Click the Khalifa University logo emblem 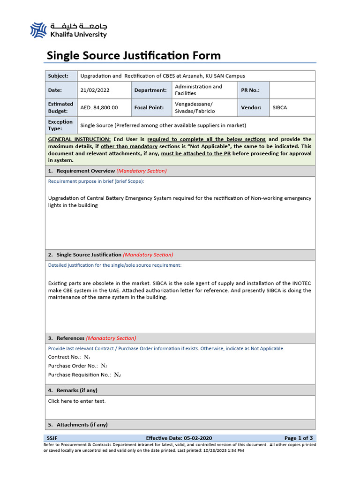[x=38, y=30]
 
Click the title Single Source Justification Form [x=134, y=56]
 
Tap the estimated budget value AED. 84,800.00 [x=99, y=107]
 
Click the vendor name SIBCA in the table [x=280, y=107]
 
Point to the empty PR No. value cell [x=292, y=90]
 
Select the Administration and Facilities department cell [x=198, y=90]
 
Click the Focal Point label [x=149, y=107]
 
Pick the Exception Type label [x=60, y=125]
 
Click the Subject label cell [x=58, y=76]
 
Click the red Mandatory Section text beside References [x=111, y=338]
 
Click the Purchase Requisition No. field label [x=80, y=375]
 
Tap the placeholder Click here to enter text [x=77, y=401]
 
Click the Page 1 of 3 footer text [x=299, y=438]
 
